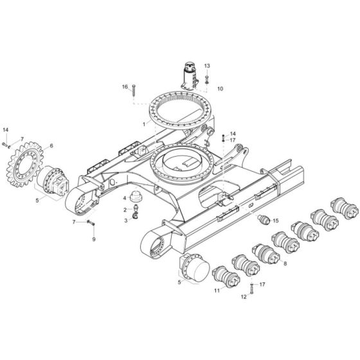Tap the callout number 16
click(125, 86)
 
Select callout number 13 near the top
click(207, 66)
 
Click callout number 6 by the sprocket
click(51, 146)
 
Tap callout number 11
click(217, 291)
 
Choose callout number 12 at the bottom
click(243, 298)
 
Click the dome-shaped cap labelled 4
click(136, 197)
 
